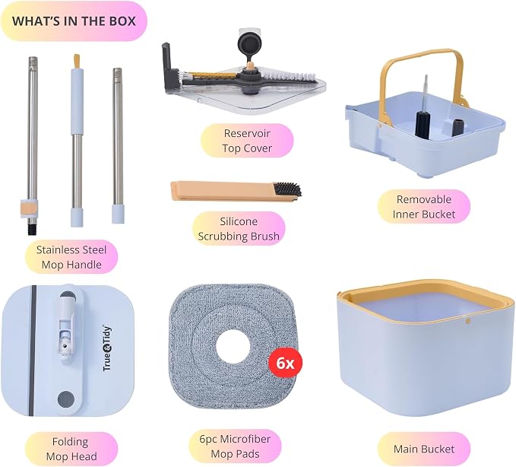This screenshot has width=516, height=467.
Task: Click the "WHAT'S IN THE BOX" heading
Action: point(74,21)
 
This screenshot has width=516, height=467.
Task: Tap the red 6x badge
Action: point(285,364)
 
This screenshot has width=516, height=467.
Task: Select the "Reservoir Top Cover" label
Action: point(247,141)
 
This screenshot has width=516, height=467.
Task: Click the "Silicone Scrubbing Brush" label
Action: point(239,229)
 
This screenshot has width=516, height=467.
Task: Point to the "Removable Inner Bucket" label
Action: point(424,206)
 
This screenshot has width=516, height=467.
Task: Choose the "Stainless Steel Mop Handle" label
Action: point(71,257)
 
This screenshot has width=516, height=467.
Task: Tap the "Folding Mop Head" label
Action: point(71,449)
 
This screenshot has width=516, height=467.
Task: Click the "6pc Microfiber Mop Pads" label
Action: point(235,446)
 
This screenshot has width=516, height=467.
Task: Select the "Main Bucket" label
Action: point(424,449)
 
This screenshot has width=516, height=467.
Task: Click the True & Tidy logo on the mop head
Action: point(107,348)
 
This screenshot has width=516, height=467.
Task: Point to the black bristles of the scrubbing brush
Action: point(286,190)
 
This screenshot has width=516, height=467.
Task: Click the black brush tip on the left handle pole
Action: point(32,227)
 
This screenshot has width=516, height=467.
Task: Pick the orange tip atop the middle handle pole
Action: point(77,62)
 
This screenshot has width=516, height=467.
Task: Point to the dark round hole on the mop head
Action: point(66,399)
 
